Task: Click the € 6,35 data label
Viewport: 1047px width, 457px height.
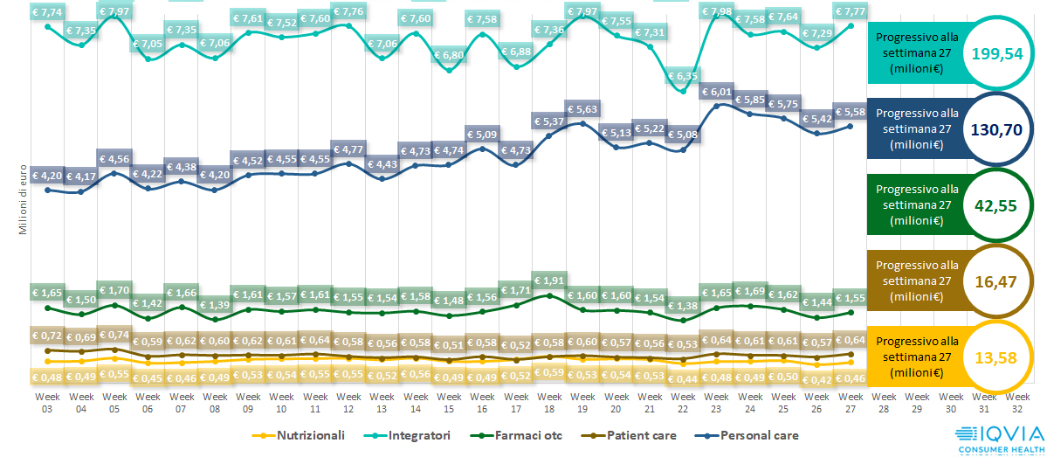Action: click(x=684, y=76)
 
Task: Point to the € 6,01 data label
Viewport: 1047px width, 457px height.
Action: click(x=717, y=92)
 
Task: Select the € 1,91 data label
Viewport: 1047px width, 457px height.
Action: click(x=548, y=281)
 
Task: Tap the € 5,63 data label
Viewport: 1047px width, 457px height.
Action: click(x=582, y=109)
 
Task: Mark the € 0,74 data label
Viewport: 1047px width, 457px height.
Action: click(x=114, y=335)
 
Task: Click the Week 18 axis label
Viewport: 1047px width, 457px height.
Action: click(x=549, y=402)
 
